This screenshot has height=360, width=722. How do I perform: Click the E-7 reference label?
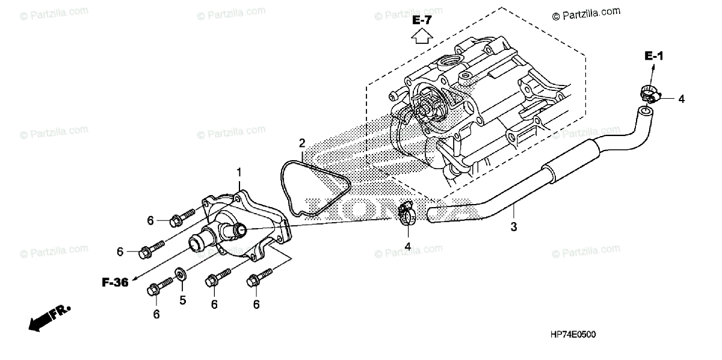pyautogui.click(x=422, y=20)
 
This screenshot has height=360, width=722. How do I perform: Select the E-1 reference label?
pyautogui.click(x=653, y=57)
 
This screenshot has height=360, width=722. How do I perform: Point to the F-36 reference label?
pyautogui.click(x=114, y=282)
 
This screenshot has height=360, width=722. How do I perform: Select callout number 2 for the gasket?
pyautogui.click(x=302, y=143)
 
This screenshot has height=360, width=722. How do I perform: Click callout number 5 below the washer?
pyautogui.click(x=183, y=299)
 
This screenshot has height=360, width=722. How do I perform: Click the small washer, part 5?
pyautogui.click(x=180, y=276)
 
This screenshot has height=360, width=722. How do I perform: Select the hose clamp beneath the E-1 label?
pyautogui.click(x=649, y=93)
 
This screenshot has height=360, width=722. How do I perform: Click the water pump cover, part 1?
pyautogui.click(x=241, y=229)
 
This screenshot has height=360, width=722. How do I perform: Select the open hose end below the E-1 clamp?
pyautogui.click(x=645, y=111)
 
